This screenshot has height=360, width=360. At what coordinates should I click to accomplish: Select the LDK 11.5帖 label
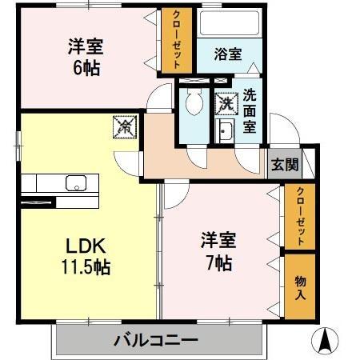coord(82,255)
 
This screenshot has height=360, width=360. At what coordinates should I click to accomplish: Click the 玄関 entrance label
coord(283,166)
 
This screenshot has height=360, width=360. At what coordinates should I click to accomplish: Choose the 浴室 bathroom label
coord(228,54)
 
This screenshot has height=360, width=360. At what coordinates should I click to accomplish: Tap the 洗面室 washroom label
coord(250,110)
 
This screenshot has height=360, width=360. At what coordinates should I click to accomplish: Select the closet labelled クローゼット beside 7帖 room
coord(299,216)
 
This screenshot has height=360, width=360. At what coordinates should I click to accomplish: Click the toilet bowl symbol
coord(193,102)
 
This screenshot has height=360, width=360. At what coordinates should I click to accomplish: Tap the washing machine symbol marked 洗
coord(226,103)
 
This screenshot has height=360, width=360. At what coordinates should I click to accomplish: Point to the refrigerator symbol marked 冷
coord(125,126)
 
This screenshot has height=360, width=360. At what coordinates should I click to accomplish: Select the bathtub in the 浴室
coord(229,24)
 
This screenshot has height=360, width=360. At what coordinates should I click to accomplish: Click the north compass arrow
coord(326,340)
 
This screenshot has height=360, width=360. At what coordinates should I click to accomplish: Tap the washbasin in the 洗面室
coord(224,132)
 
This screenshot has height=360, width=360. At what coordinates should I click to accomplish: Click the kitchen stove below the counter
coord(40,202)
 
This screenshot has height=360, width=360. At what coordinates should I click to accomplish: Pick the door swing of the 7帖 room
coord(176,192)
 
